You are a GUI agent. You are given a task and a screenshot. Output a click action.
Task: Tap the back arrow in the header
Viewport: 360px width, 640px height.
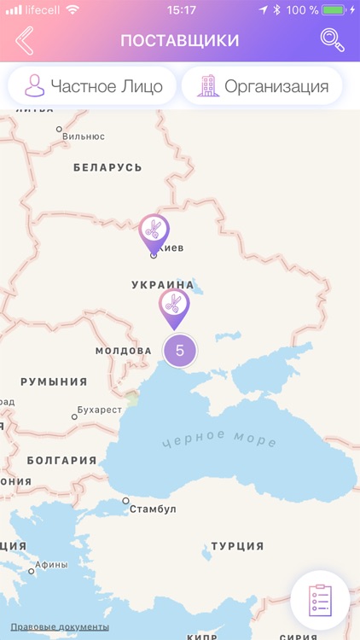[25, 41]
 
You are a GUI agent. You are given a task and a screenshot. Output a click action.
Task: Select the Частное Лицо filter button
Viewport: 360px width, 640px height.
[92, 86]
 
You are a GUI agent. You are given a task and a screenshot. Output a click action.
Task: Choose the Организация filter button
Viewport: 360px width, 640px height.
[262, 86]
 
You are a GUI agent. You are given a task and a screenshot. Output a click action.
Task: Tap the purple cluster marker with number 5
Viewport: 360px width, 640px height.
[179, 350]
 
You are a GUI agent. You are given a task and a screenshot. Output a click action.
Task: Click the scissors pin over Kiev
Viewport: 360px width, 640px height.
[154, 230]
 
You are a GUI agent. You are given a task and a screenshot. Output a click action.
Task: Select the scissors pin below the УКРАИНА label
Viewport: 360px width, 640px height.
[174, 305]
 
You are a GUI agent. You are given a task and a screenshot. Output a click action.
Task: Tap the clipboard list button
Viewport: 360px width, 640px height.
[319, 599]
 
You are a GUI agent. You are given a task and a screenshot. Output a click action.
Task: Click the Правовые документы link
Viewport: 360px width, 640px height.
[60, 627]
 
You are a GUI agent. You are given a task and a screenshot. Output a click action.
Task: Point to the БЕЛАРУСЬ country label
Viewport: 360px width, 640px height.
[107, 167]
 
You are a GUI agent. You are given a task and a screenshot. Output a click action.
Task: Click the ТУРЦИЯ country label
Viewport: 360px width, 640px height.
[237, 546]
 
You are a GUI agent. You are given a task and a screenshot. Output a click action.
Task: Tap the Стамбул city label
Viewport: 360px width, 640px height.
[153, 509]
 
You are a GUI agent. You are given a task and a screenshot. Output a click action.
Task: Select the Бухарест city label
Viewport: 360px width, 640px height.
[100, 410]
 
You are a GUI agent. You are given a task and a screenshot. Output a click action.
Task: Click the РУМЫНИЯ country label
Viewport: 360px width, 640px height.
[54, 381]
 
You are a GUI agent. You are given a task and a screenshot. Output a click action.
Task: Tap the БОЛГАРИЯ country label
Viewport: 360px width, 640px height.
[61, 460]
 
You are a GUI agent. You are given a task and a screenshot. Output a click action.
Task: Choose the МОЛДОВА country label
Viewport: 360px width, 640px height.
[123, 351]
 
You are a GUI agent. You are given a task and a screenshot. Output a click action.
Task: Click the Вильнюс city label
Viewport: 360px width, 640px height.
[84, 136]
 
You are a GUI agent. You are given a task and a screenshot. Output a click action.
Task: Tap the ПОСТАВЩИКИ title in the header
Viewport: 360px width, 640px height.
[179, 41]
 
